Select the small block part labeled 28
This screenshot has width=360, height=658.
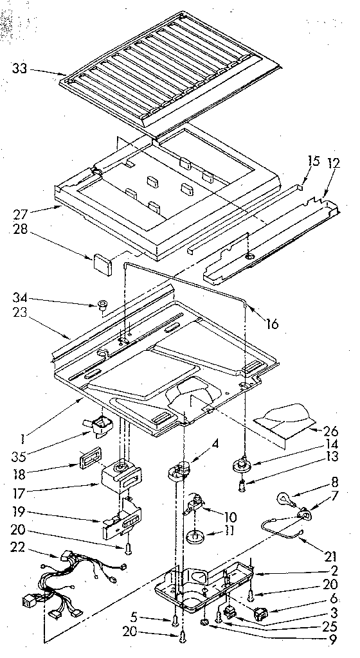coord(102,262)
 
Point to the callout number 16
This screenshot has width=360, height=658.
coord(272,325)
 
